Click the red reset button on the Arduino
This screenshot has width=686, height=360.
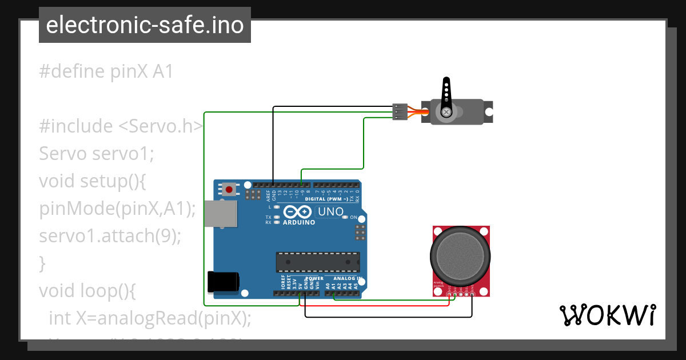[x=229, y=189]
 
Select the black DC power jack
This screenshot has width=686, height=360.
[x=222, y=281]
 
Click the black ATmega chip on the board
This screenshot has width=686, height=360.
[x=318, y=262]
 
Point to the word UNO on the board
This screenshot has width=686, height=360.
[x=330, y=212]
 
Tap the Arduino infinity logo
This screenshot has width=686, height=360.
[x=297, y=211]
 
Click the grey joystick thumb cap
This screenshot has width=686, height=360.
[x=461, y=255]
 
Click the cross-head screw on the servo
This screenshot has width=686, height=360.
[x=446, y=112]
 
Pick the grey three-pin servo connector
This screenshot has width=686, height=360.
[x=400, y=111]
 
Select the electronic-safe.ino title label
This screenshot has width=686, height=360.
[x=145, y=25]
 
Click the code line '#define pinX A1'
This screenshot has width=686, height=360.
[x=106, y=72]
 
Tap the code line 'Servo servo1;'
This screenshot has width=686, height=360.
[x=97, y=154]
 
